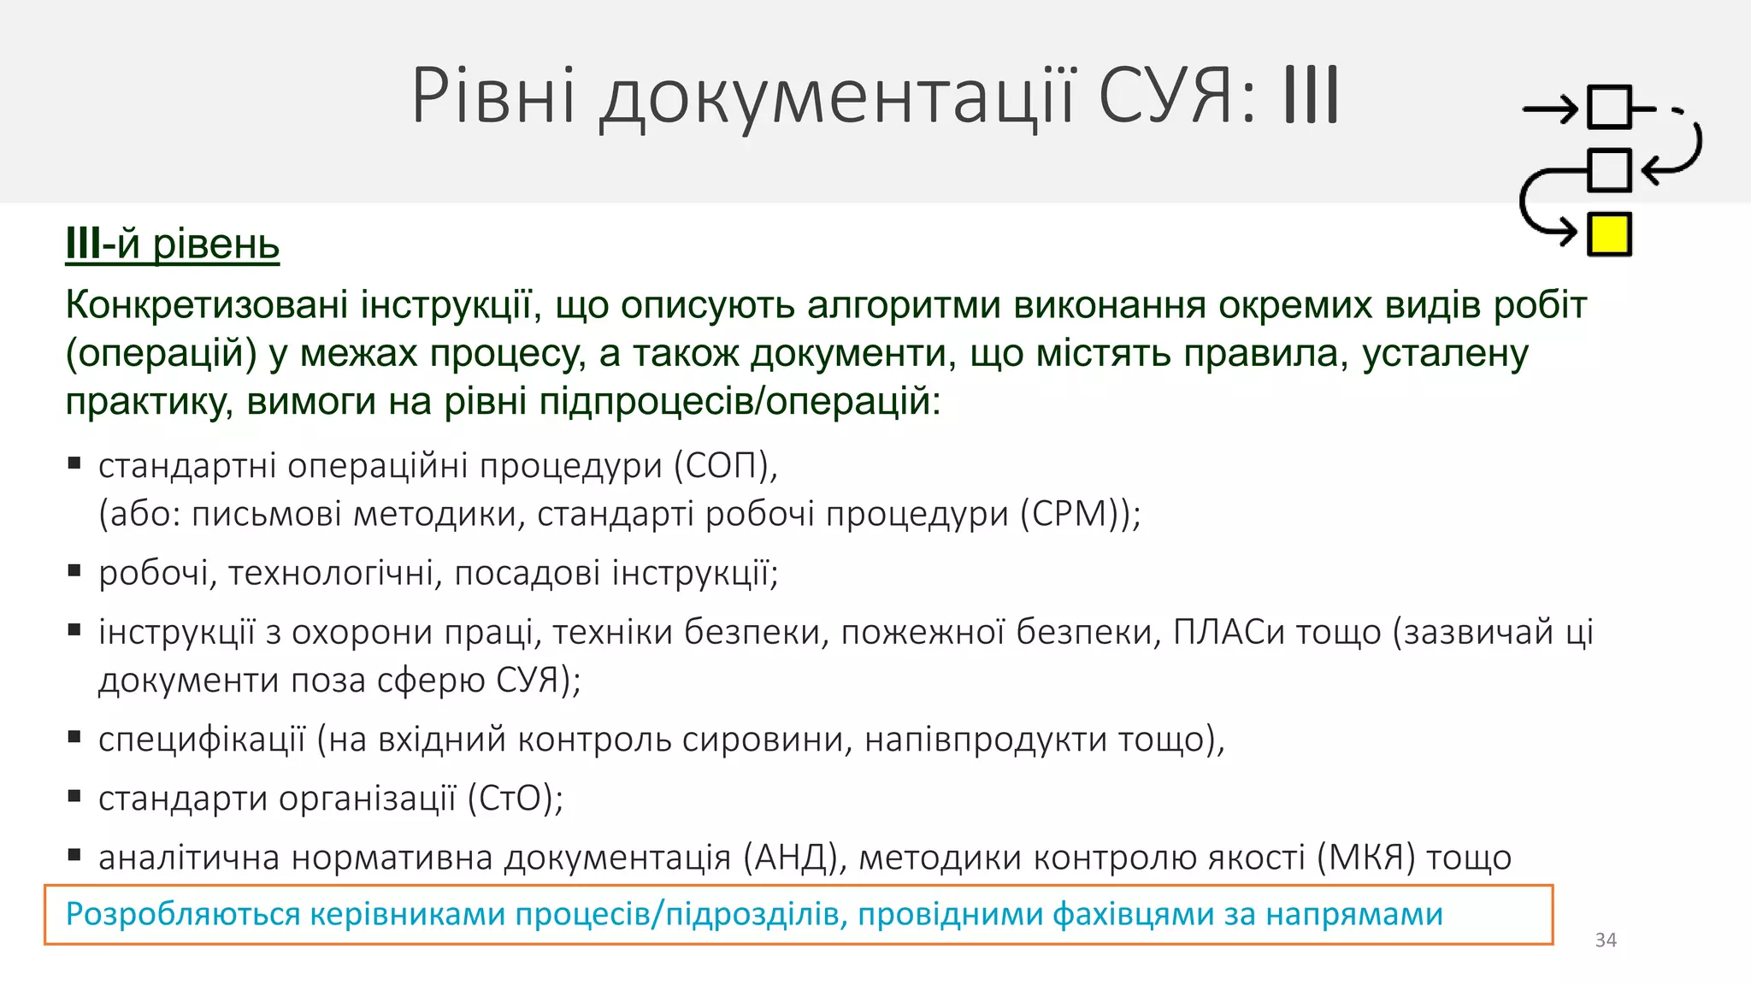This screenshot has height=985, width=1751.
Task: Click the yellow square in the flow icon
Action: click(1609, 235)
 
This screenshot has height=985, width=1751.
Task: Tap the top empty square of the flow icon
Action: click(1609, 108)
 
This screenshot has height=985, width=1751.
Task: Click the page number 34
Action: click(1606, 941)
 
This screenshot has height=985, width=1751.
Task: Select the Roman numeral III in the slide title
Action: click(1311, 96)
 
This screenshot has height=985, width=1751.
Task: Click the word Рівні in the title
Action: click(493, 96)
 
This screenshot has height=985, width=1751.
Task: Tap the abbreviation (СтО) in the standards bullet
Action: click(515, 799)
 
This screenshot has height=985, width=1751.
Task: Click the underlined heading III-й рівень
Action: click(173, 245)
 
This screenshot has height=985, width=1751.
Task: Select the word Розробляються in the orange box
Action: click(183, 914)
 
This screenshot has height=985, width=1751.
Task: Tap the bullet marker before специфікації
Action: click(74, 736)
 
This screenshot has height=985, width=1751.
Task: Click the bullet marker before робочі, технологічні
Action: click(74, 570)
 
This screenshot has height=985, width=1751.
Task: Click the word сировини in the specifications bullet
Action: click(767, 740)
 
